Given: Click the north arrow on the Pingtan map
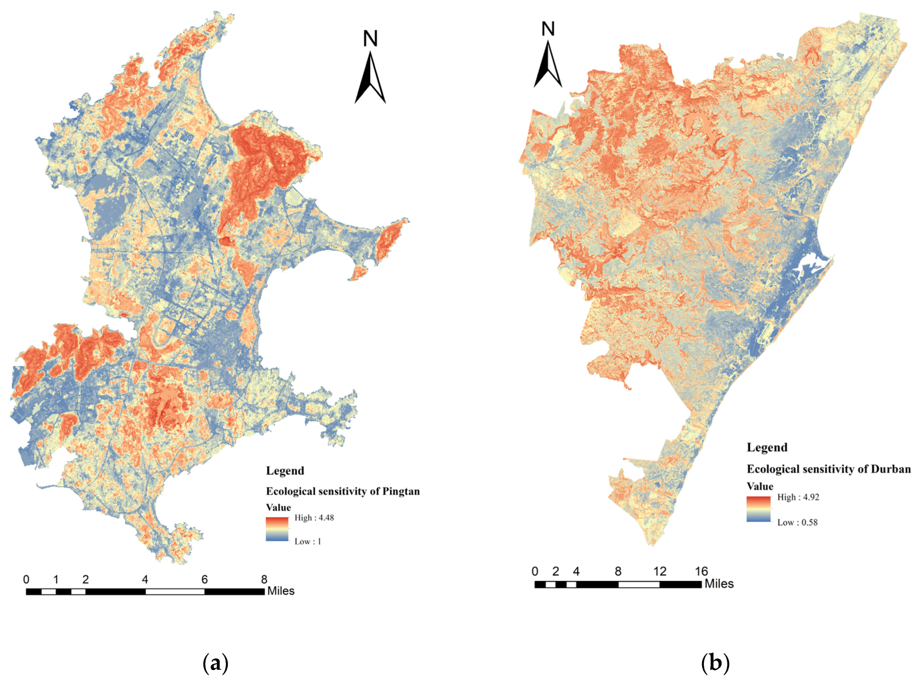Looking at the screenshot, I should pyautogui.click(x=370, y=77).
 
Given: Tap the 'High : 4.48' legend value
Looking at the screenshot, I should pyautogui.click(x=314, y=518).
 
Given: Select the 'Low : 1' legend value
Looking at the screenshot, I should pyautogui.click(x=307, y=542).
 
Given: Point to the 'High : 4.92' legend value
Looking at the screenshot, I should pyautogui.click(x=798, y=497).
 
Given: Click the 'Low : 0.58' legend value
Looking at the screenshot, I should pyautogui.click(x=797, y=522).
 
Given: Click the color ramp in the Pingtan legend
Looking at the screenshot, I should pyautogui.click(x=277, y=529).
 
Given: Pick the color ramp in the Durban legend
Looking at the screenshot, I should pyautogui.click(x=759, y=509).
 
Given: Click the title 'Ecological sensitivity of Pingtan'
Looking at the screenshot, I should pyautogui.click(x=343, y=491).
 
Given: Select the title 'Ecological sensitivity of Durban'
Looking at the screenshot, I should pyautogui.click(x=828, y=469).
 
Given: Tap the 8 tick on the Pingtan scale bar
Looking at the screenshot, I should pyautogui.click(x=264, y=579).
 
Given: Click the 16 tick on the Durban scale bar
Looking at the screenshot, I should pyautogui.click(x=701, y=571).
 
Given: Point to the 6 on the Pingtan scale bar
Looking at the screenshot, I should pyautogui.click(x=205, y=579).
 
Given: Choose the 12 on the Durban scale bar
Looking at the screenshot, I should pyautogui.click(x=660, y=571).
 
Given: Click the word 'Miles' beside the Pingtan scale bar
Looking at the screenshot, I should pyautogui.click(x=281, y=591).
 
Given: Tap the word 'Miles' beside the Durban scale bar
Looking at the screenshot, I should pyautogui.click(x=719, y=584).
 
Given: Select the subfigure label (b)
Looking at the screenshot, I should pyautogui.click(x=715, y=663).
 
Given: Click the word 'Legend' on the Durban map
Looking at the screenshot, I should pyautogui.click(x=767, y=447).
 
